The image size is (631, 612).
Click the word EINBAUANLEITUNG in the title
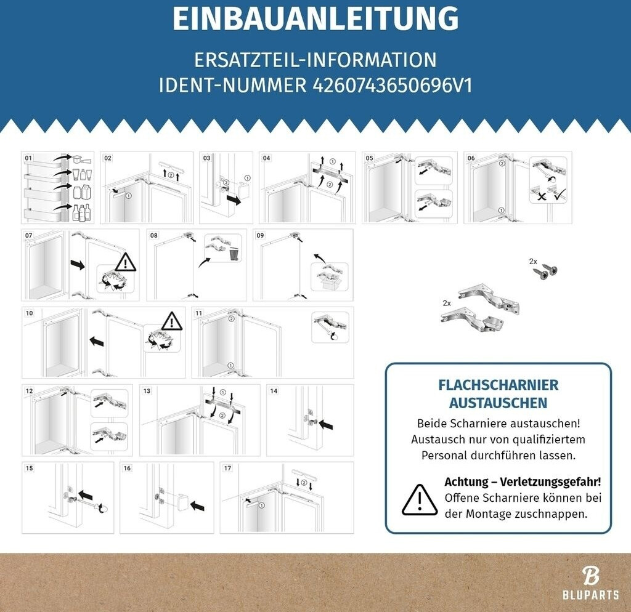click(x=315, y=19)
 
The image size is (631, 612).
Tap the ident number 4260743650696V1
click(x=393, y=85)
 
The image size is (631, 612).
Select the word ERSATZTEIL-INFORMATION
click(x=315, y=60)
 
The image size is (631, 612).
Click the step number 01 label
click(x=28, y=158)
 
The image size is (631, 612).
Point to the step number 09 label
click(x=261, y=235)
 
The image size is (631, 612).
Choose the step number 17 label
click(x=228, y=468)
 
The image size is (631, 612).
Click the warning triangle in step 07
click(x=126, y=262)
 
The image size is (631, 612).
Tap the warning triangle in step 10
click(x=172, y=321)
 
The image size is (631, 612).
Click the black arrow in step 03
click(x=234, y=199)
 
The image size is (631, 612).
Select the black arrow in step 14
click(x=327, y=424)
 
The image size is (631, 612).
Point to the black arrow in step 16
click(x=197, y=505)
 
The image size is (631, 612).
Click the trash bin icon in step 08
click(x=234, y=254)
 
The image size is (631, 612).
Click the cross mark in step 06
click(x=542, y=196)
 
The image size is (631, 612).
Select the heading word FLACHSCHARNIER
click(x=498, y=385)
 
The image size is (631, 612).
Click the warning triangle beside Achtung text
click(x=420, y=500)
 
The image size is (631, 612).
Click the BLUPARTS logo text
click(x=591, y=595)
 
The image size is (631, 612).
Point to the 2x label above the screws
click(x=533, y=262)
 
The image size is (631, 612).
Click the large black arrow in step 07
click(x=78, y=265)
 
